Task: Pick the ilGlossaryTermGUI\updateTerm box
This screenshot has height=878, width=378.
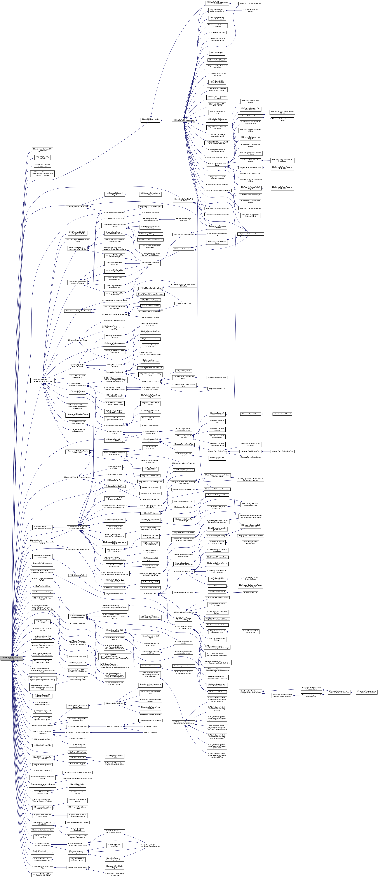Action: point(282,451)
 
